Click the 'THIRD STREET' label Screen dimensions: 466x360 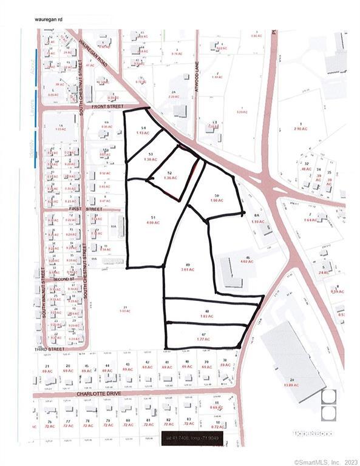49,350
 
